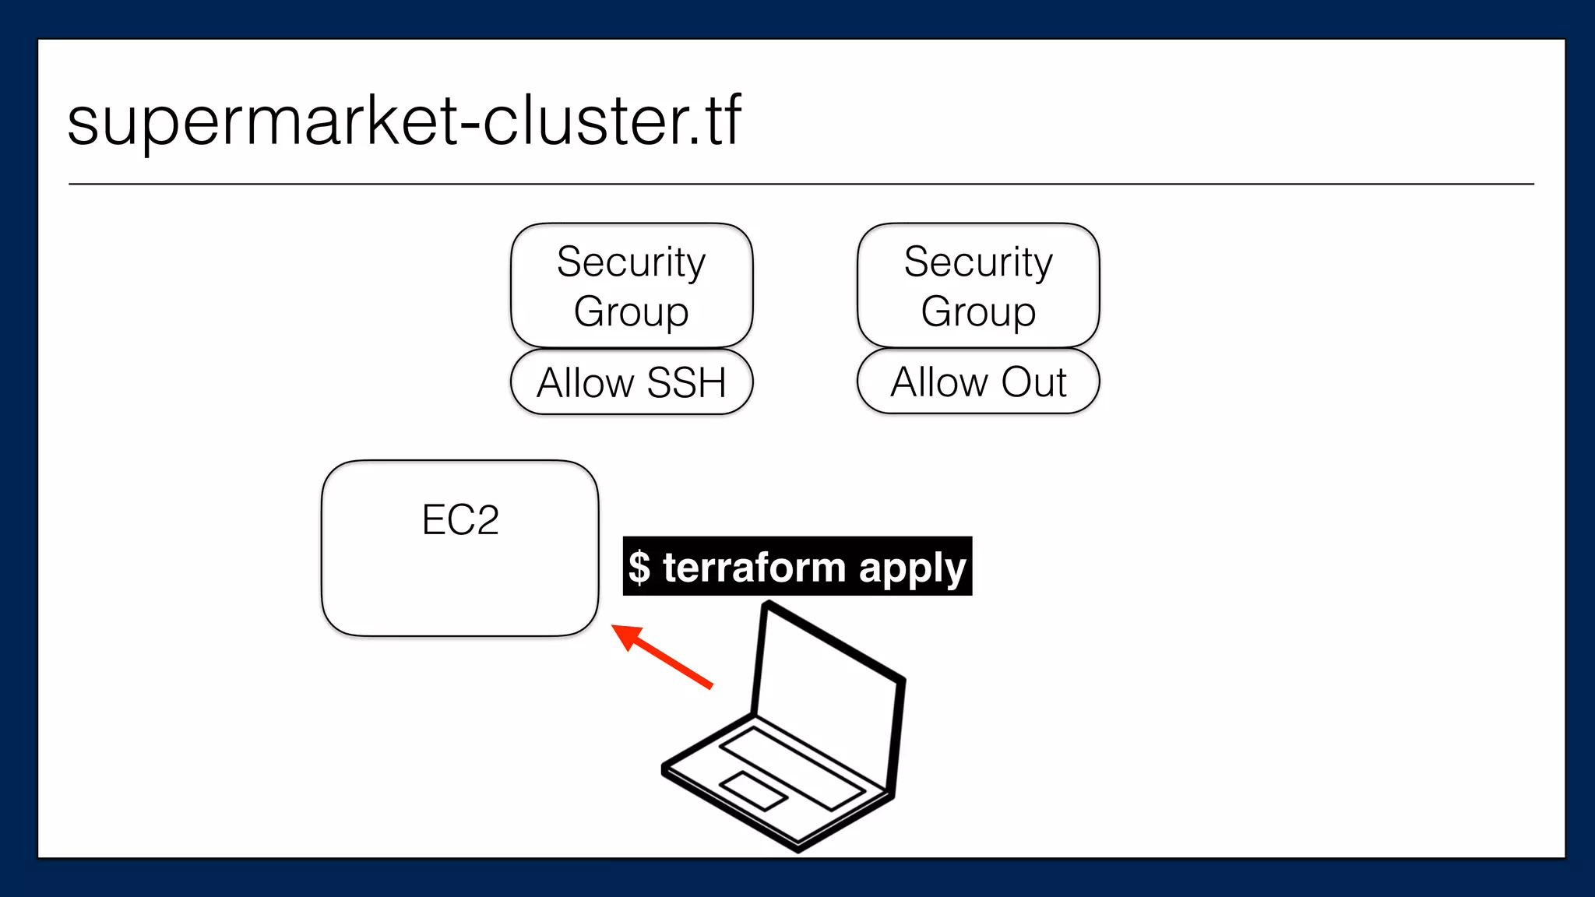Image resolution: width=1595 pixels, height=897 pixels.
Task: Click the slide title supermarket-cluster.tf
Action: click(404, 121)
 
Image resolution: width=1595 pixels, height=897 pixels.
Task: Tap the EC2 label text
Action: click(460, 520)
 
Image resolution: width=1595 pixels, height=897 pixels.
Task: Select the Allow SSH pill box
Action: click(632, 382)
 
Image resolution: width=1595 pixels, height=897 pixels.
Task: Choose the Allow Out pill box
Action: click(978, 382)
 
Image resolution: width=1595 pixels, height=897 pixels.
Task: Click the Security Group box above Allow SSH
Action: click(632, 285)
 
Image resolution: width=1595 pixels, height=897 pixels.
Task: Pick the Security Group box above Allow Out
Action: click(978, 285)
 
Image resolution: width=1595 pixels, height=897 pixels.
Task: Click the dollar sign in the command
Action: click(639, 567)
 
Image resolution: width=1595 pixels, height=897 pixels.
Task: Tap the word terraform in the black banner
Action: click(754, 567)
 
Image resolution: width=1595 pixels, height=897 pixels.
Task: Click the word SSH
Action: click(686, 383)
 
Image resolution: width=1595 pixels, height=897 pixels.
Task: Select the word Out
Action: click(1033, 382)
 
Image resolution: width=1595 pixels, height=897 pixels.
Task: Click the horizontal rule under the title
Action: click(801, 185)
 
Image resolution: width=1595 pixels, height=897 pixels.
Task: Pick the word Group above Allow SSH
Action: click(632, 311)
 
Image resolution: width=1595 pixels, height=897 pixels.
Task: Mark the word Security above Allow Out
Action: click(978, 262)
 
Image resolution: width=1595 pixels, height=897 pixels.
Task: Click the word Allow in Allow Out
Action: click(939, 382)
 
